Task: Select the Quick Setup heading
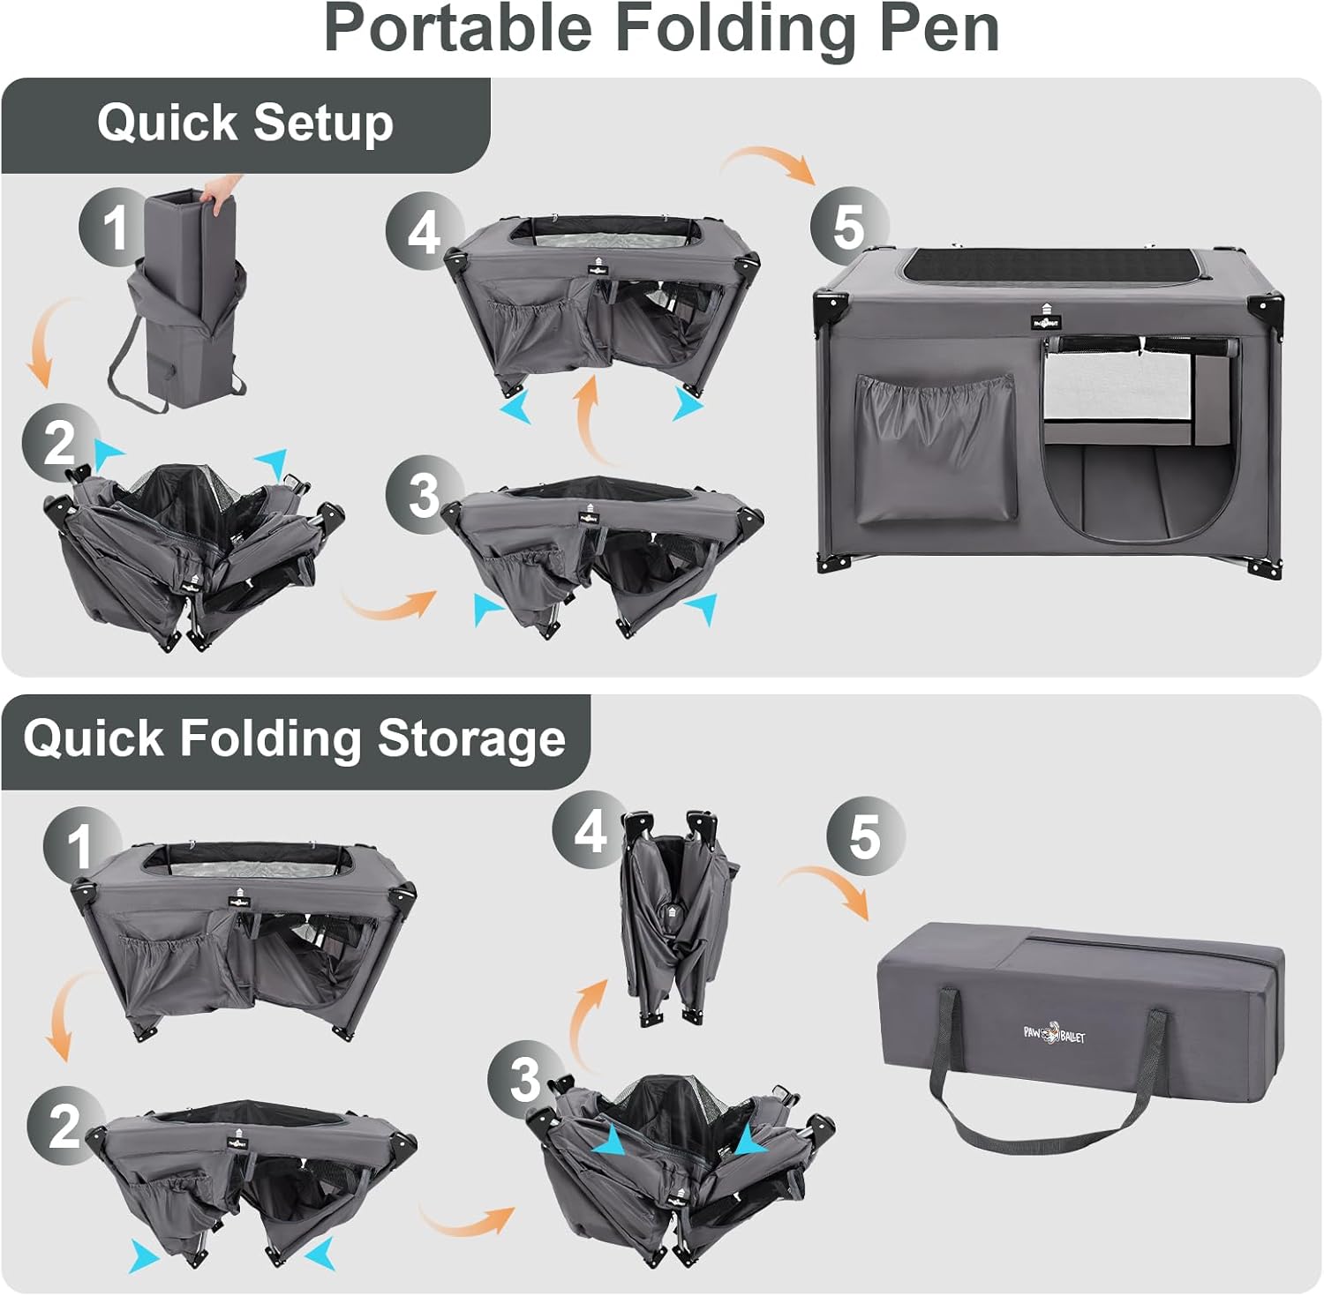click(x=244, y=123)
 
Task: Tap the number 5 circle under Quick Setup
click(x=848, y=226)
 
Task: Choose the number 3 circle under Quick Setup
click(x=424, y=495)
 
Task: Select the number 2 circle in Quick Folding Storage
click(x=64, y=1126)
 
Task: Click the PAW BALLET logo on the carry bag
click(x=1055, y=1032)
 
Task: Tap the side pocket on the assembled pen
click(x=936, y=448)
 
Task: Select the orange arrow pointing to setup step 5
click(x=766, y=160)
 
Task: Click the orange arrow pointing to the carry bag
click(x=825, y=886)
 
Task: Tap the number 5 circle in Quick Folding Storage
click(x=864, y=836)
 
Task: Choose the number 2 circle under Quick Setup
click(x=59, y=442)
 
